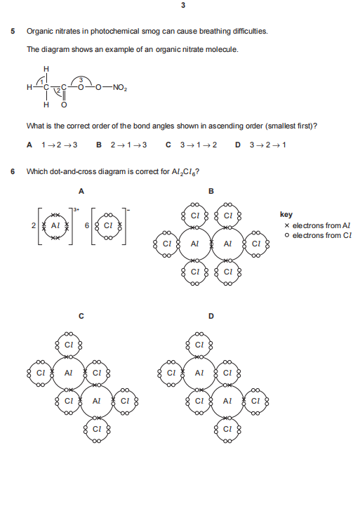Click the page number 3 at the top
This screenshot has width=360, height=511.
tap(183, 5)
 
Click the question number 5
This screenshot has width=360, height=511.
tap(13, 32)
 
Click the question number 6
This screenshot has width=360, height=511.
tap(13, 171)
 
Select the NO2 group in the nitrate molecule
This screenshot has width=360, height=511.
tap(119, 88)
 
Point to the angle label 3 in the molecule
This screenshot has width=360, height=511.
tap(81, 80)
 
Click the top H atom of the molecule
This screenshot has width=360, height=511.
tap(46, 69)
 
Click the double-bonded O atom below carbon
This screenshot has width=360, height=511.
tap(64, 105)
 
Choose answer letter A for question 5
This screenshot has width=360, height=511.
tap(29, 145)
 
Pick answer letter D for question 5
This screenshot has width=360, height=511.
tap(238, 145)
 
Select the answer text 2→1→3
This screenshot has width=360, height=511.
tap(128, 145)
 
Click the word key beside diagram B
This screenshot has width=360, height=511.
tap(286, 215)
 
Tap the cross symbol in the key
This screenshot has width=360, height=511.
tap(287, 225)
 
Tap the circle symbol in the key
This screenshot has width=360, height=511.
tap(287, 235)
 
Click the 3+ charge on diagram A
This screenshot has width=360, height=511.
tap(76, 210)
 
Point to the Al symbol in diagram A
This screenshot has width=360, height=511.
tap(55, 225)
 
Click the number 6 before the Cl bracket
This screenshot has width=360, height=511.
tap(87, 225)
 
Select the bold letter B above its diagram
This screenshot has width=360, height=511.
tap(211, 192)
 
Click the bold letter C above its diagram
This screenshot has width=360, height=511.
tap(81, 316)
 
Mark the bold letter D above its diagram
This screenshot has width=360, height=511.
tap(211, 316)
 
